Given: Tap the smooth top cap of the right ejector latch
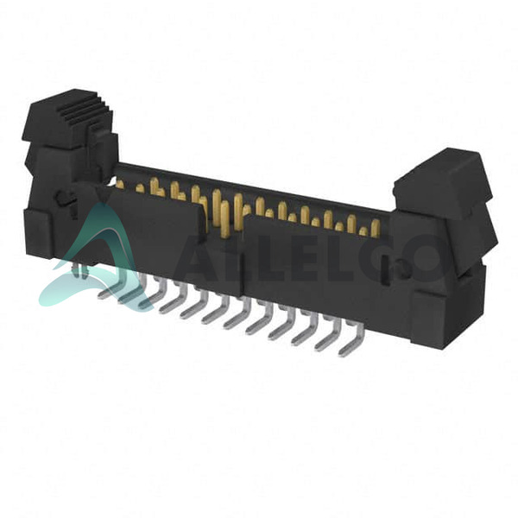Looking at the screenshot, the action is (x=442, y=176).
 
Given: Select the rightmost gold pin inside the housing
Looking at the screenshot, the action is (x=376, y=228).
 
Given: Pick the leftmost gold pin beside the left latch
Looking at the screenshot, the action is (x=120, y=184).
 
